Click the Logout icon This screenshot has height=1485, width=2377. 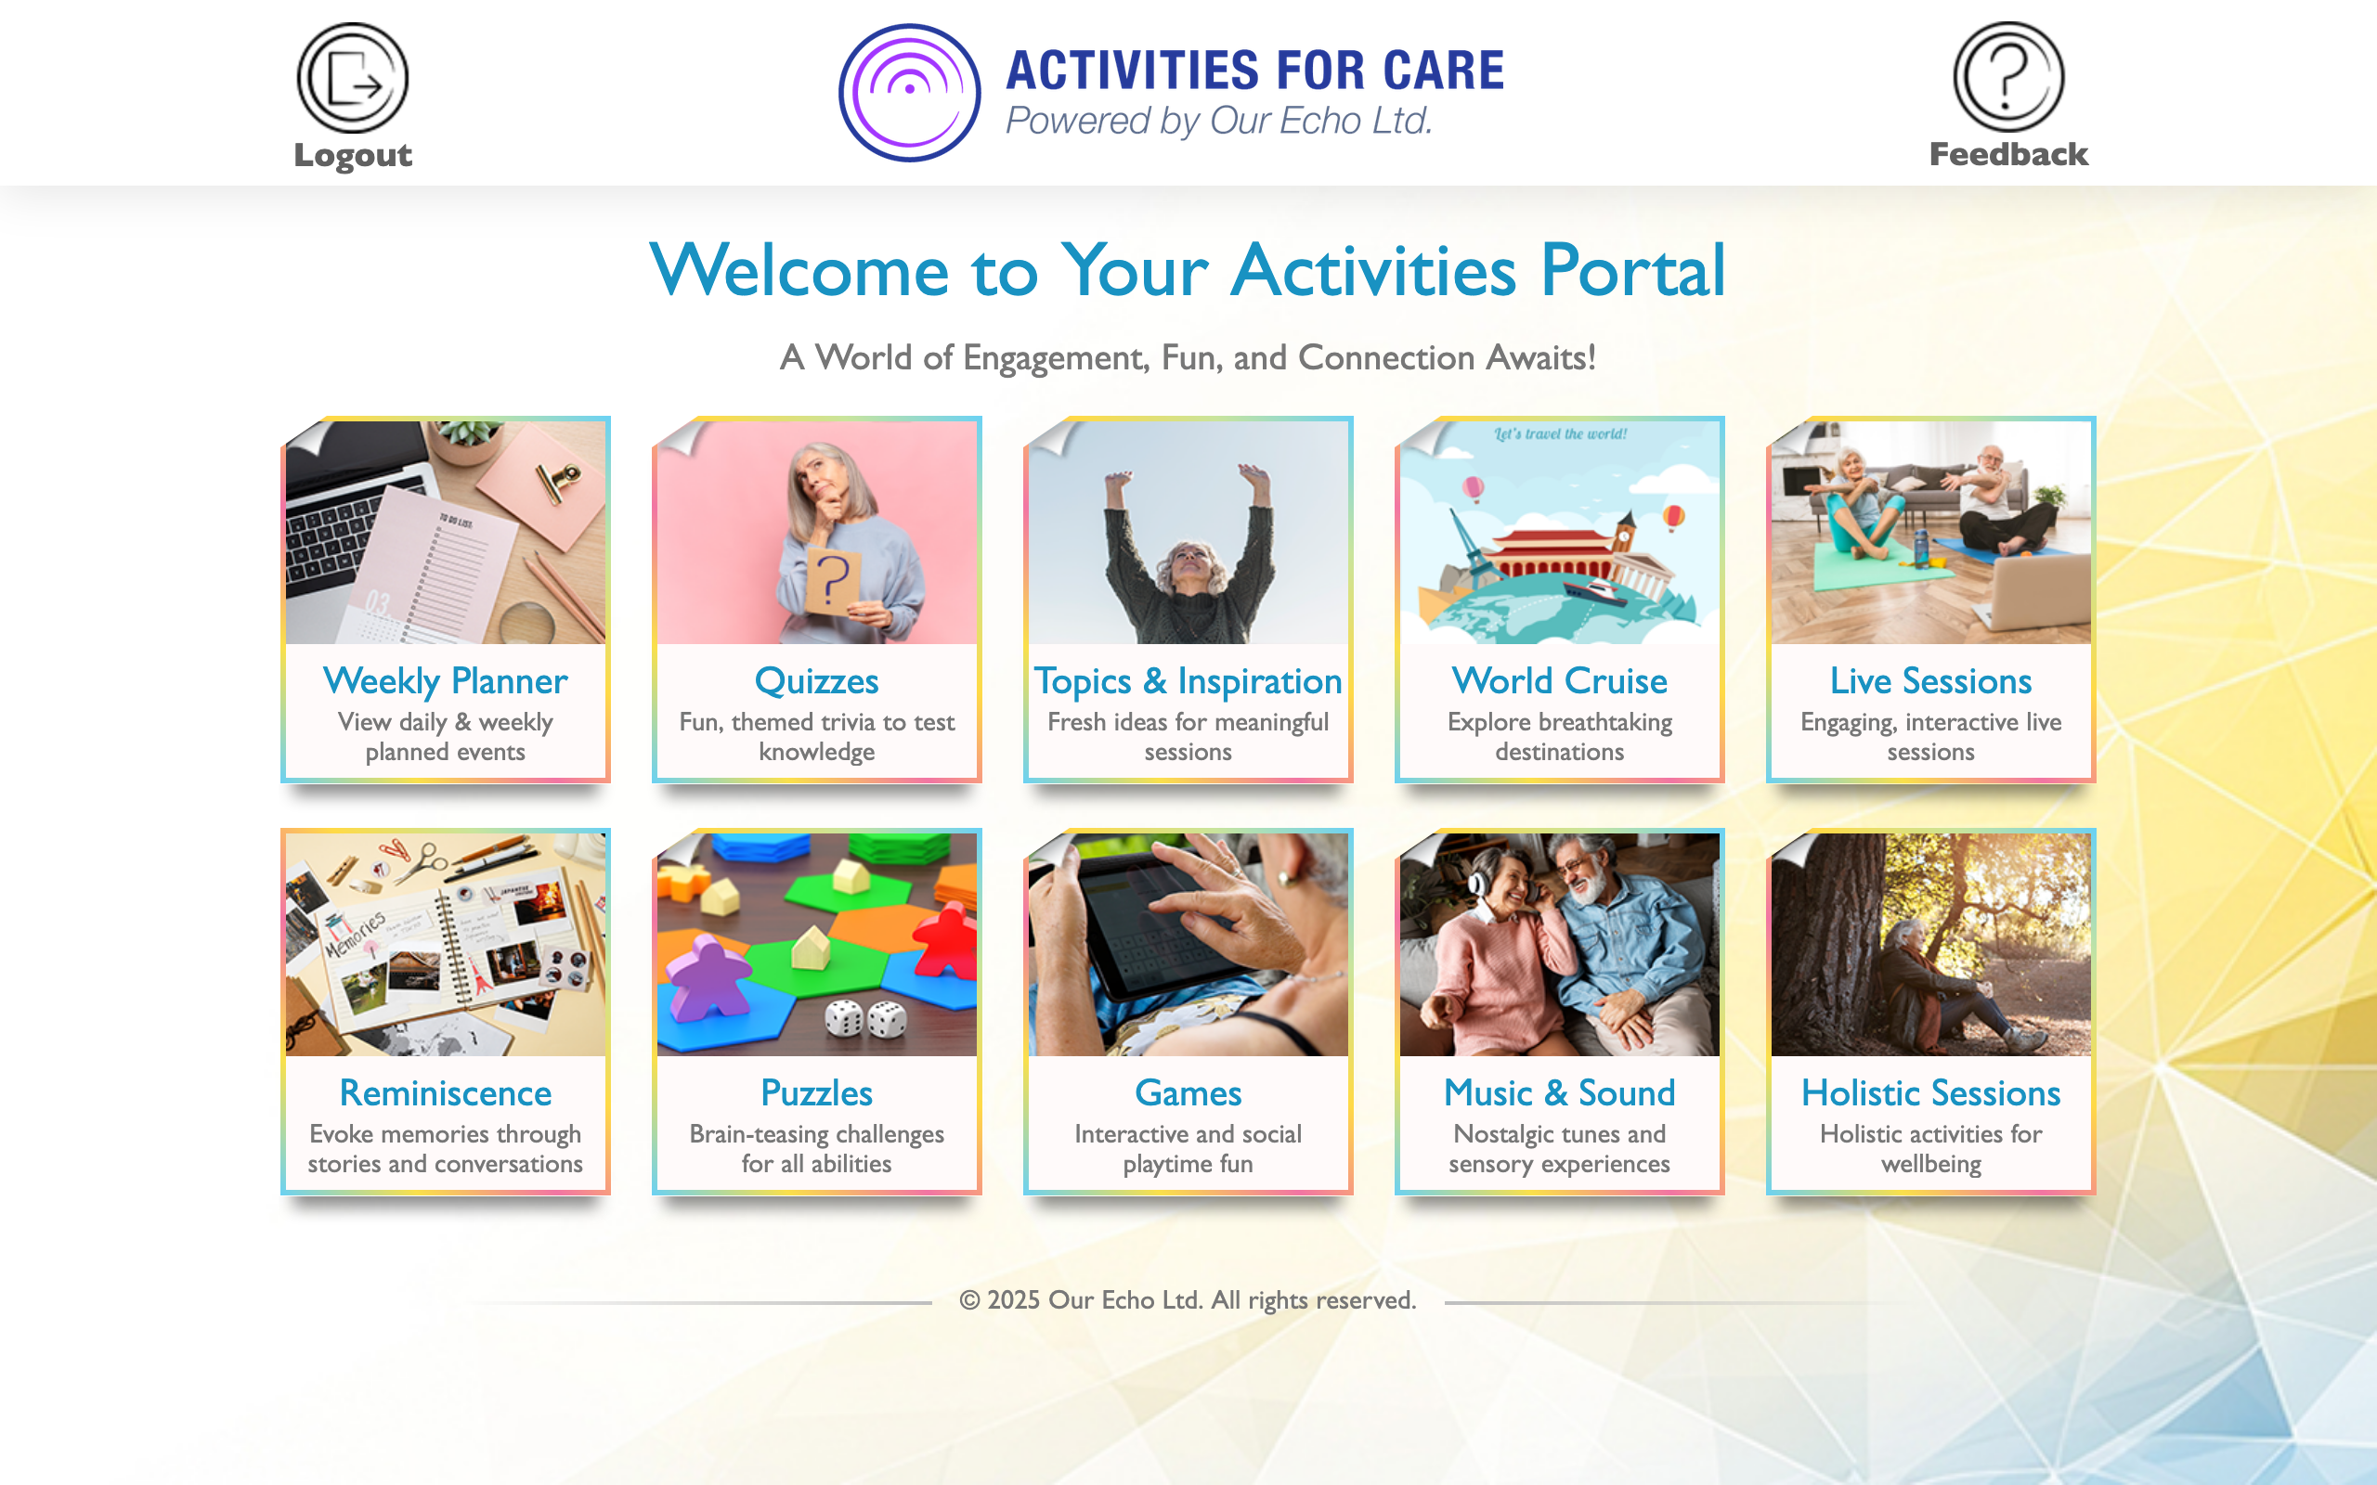coord(353,78)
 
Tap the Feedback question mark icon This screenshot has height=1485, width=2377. coord(2008,77)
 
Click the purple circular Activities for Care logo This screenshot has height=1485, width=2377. coord(910,92)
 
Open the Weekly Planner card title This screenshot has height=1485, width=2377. coord(445,680)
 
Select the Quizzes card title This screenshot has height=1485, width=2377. coord(816,680)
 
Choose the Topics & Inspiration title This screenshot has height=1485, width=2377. coord(1188,680)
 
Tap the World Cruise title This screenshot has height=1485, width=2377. coord(1560,680)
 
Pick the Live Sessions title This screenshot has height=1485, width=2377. coord(1931,680)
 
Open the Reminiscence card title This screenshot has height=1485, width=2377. coord(445,1092)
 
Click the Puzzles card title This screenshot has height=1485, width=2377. coord(816,1092)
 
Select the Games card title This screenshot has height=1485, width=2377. coord(1188,1092)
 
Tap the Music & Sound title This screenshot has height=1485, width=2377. coord(1560,1092)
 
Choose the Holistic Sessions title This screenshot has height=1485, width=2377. coord(1931,1092)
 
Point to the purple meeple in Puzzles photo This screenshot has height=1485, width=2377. coord(709,976)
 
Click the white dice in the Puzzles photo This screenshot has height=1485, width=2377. coord(865,1019)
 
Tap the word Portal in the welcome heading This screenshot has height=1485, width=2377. coord(1632,270)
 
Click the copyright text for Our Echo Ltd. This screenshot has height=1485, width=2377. coord(1188,1299)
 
